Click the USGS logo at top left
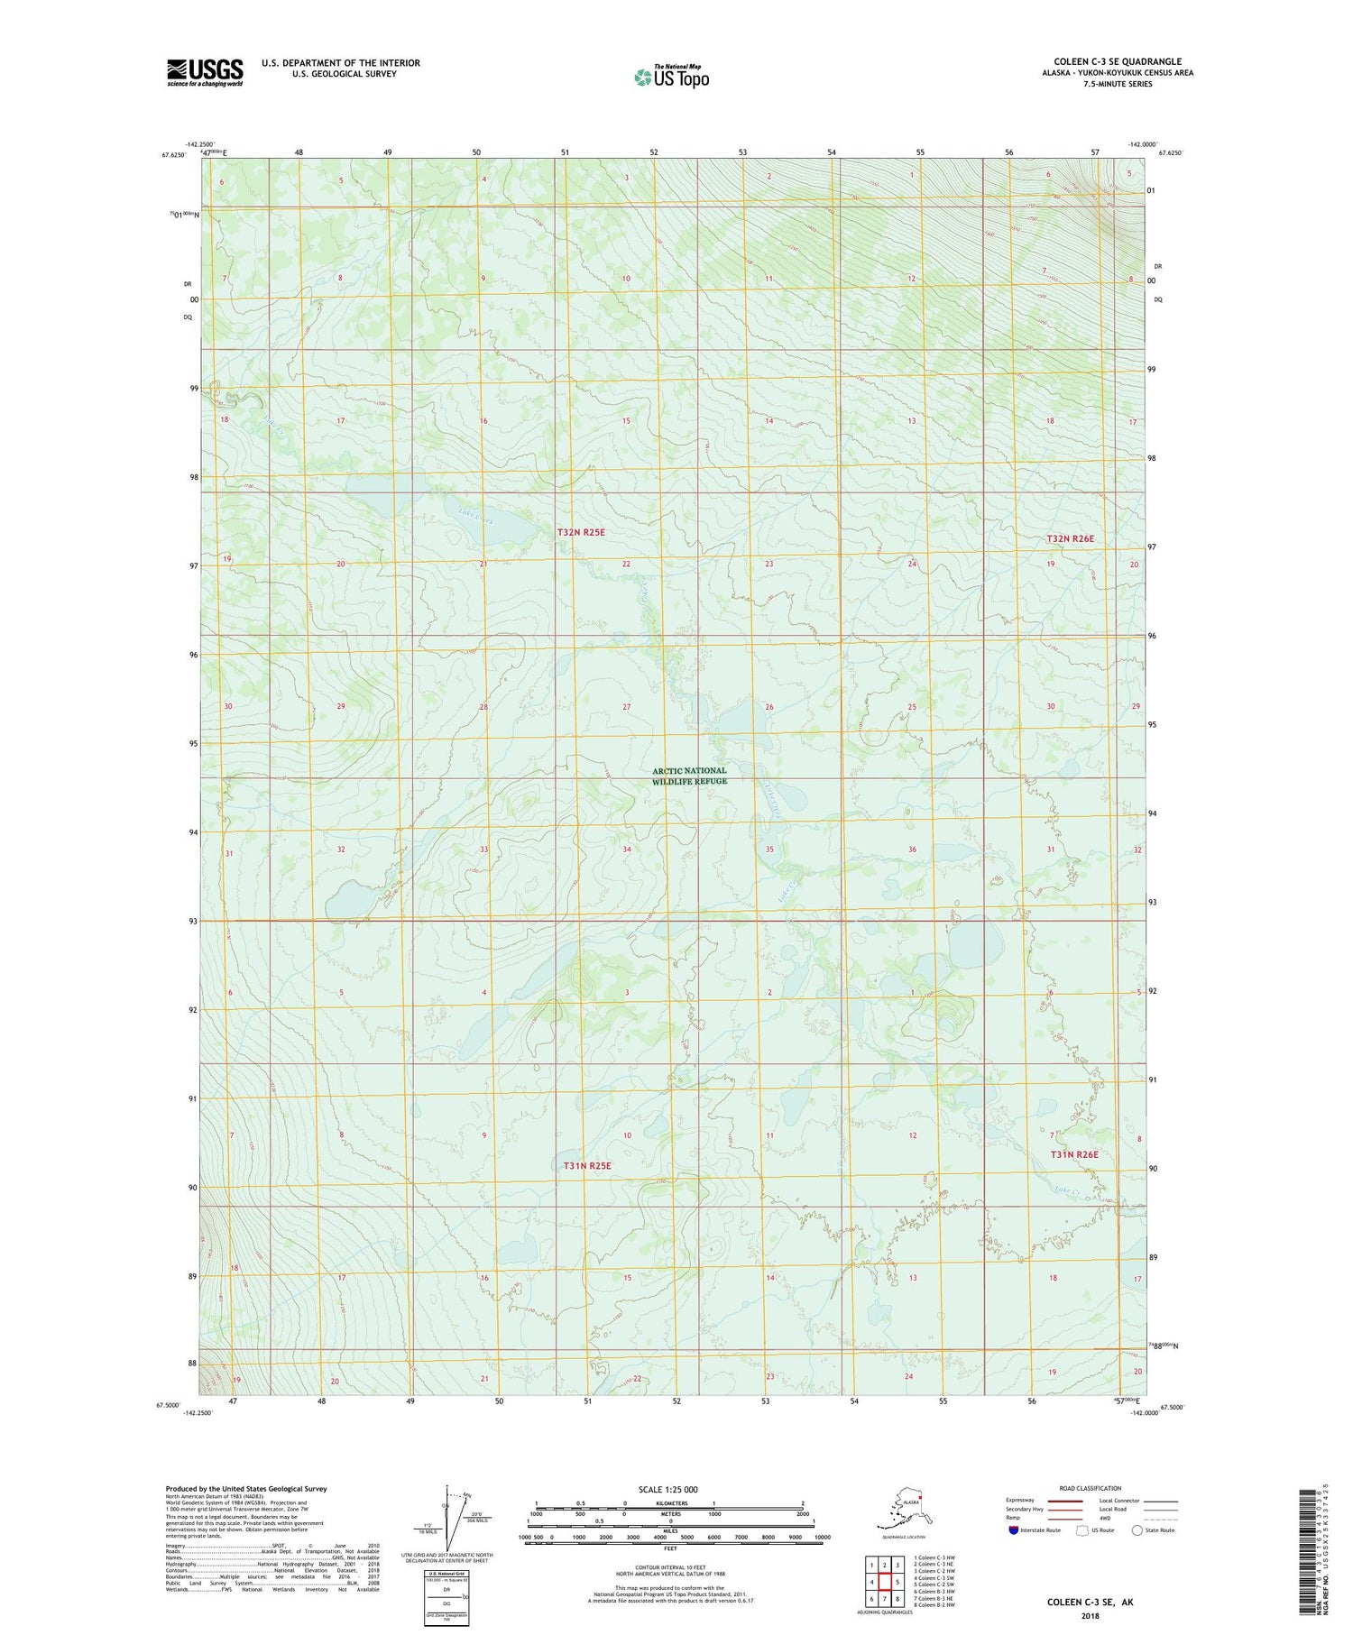[x=205, y=72]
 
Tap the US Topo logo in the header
[x=672, y=77]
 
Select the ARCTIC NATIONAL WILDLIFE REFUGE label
[x=689, y=776]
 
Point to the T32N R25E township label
[x=580, y=533]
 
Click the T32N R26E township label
[x=1070, y=538]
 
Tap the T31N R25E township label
[x=587, y=1165]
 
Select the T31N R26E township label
[x=1073, y=1154]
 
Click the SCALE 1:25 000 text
[x=667, y=1489]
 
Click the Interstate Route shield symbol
[x=1013, y=1530]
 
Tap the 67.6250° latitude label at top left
[x=174, y=155]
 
